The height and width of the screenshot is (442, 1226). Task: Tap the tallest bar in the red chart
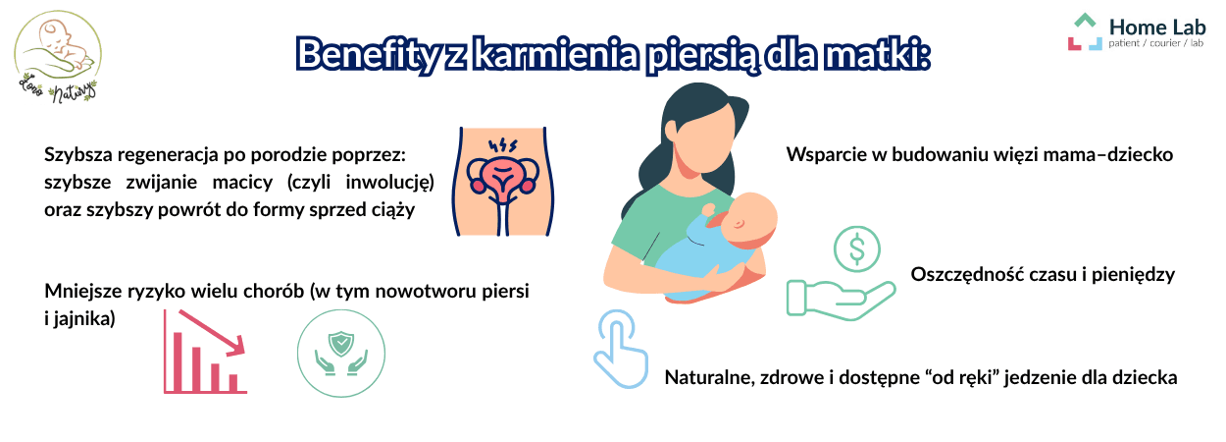(179, 360)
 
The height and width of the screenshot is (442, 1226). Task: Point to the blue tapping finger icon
(620, 348)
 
